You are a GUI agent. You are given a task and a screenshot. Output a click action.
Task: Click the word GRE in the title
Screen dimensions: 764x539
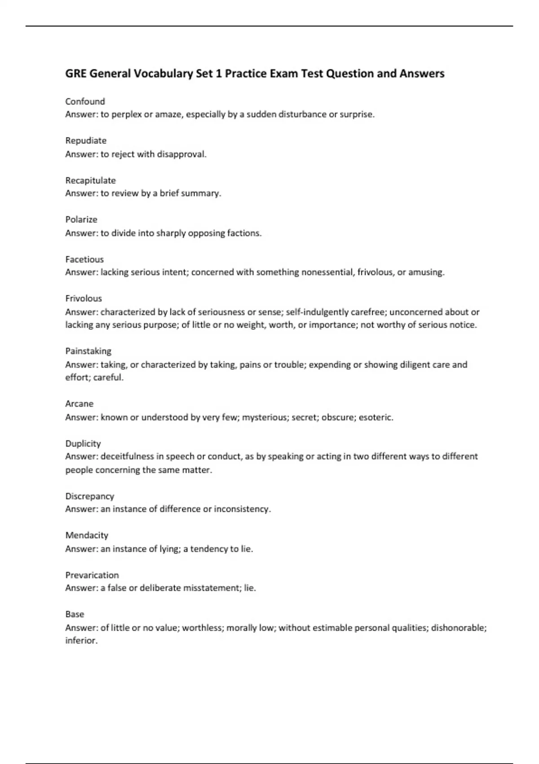click(x=75, y=74)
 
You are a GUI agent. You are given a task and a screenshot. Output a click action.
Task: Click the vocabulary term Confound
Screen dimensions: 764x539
click(x=85, y=102)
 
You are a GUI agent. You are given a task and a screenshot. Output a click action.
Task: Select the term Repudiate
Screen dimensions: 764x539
click(x=86, y=141)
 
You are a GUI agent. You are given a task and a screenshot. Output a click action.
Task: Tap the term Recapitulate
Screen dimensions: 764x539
click(x=90, y=181)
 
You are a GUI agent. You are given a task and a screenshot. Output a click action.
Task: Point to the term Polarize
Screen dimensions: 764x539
click(x=81, y=220)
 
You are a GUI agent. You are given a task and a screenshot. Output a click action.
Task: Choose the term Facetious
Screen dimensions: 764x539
click(x=84, y=259)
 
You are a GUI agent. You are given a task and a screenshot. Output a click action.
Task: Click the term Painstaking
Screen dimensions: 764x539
click(x=88, y=351)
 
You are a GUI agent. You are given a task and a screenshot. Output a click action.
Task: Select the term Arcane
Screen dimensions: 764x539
click(x=79, y=404)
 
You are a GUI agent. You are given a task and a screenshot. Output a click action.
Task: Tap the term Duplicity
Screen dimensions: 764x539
click(x=83, y=444)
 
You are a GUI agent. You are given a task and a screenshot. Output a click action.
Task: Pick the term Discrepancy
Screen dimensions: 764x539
click(x=90, y=496)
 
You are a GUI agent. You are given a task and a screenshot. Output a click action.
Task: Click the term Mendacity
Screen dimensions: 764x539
click(x=87, y=535)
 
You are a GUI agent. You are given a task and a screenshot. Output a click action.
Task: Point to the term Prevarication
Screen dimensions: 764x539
click(x=92, y=575)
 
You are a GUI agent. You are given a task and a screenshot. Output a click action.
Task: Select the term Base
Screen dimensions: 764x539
click(x=75, y=614)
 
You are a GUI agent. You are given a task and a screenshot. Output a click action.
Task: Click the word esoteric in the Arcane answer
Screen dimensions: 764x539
click(x=376, y=418)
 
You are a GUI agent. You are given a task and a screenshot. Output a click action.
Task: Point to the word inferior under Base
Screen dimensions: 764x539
click(x=81, y=640)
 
